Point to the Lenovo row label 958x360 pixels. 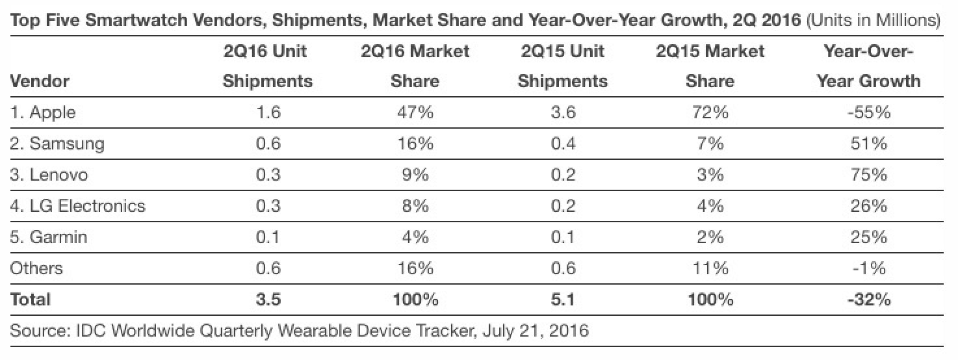coord(49,175)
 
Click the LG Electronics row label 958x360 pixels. coord(78,206)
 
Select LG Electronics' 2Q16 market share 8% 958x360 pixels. coord(415,206)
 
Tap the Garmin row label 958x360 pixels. coord(49,237)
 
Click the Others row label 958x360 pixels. coord(37,268)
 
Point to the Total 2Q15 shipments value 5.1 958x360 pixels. coord(562,300)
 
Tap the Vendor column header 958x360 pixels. coord(40,81)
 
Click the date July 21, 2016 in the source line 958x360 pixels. coord(536,331)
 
